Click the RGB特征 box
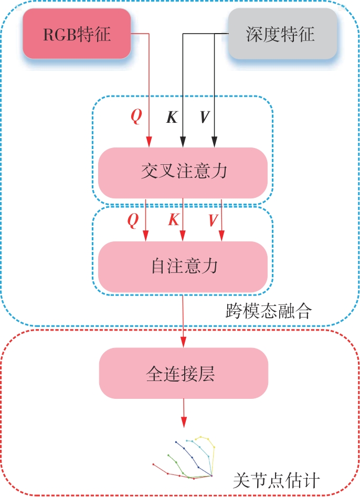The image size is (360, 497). point(77,34)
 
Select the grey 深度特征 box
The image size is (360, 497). point(282,34)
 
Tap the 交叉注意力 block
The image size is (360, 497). point(183,173)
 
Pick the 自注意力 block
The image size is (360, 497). point(183,266)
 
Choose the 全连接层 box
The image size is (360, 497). point(183,373)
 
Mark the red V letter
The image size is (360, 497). point(213,220)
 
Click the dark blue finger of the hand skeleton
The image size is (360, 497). point(189,454)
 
